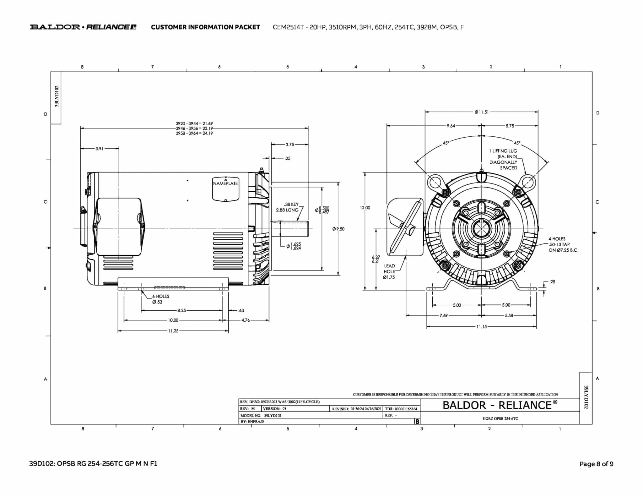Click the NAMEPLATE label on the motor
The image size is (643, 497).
point(225,183)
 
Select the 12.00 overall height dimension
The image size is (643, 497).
point(365,208)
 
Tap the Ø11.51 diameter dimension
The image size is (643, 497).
point(482,112)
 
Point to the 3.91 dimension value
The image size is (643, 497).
point(99,149)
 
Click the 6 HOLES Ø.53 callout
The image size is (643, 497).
point(160,299)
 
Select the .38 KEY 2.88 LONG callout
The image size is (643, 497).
point(287,207)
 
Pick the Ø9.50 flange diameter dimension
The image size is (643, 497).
point(338,229)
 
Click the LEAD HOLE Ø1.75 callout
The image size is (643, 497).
point(389,271)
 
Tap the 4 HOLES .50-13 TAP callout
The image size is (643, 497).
point(563,244)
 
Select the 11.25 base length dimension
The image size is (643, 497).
point(173,331)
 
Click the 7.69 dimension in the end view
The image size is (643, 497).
point(443,315)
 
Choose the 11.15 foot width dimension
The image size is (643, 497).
point(481,327)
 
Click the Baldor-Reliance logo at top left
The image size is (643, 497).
point(83,27)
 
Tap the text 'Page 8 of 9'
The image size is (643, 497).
point(596,464)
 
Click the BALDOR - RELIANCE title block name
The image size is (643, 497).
point(500,405)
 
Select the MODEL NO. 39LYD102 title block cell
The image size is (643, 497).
point(261,415)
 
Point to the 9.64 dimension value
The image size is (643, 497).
point(451,126)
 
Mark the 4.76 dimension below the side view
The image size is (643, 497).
point(246,320)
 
